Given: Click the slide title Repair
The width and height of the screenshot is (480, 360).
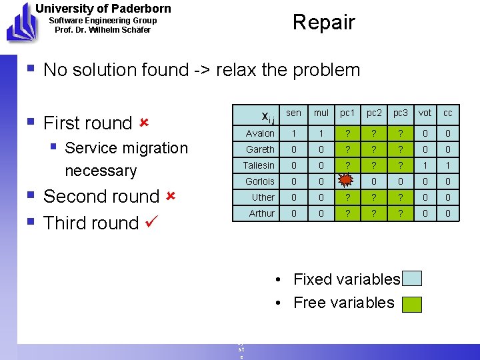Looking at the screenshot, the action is click(323, 22).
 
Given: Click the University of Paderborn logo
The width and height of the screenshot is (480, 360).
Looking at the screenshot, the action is click(20, 22).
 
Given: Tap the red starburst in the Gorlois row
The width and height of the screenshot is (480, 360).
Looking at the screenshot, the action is click(345, 181).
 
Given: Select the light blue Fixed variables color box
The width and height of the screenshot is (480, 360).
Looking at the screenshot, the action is click(413, 279).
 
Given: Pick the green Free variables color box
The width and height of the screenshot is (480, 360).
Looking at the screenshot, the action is click(413, 304).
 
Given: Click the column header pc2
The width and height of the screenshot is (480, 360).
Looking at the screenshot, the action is click(375, 114).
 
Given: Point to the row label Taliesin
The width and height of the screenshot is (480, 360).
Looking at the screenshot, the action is click(259, 165).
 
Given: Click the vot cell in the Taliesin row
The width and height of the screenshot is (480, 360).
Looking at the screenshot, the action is click(425, 165).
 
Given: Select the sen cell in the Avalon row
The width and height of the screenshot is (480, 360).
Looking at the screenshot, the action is click(294, 133).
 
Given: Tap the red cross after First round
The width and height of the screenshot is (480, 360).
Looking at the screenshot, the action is click(143, 123).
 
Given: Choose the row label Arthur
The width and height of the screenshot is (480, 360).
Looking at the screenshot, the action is click(261, 213).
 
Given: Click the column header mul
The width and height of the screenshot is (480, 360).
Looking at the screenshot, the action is click(321, 114).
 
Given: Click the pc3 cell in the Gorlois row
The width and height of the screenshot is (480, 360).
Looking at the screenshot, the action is click(400, 181).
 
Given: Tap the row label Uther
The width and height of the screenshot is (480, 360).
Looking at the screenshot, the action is click(263, 197).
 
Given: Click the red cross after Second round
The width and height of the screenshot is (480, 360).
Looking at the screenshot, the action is click(170, 196).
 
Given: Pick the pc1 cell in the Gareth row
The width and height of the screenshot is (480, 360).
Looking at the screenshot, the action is click(347, 149).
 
